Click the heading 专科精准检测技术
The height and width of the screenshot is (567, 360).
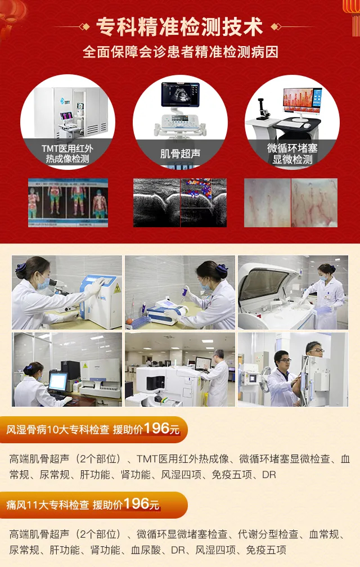179,27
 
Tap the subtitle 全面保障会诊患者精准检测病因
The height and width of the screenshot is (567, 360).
181,52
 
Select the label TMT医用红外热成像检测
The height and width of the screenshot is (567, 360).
67,154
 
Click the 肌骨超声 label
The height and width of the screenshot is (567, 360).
180,154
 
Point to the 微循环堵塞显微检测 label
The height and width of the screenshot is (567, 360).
292,154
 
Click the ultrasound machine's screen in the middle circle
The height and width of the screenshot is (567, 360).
181,94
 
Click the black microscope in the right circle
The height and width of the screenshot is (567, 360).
263,109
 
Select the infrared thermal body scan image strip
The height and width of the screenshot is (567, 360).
68,203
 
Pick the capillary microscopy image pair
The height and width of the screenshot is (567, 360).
291,203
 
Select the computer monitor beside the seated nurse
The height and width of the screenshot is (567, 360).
58,381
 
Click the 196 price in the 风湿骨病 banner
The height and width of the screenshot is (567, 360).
156,428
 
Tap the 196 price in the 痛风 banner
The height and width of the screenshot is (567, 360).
136,503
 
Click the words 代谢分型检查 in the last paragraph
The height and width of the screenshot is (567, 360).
268,534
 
